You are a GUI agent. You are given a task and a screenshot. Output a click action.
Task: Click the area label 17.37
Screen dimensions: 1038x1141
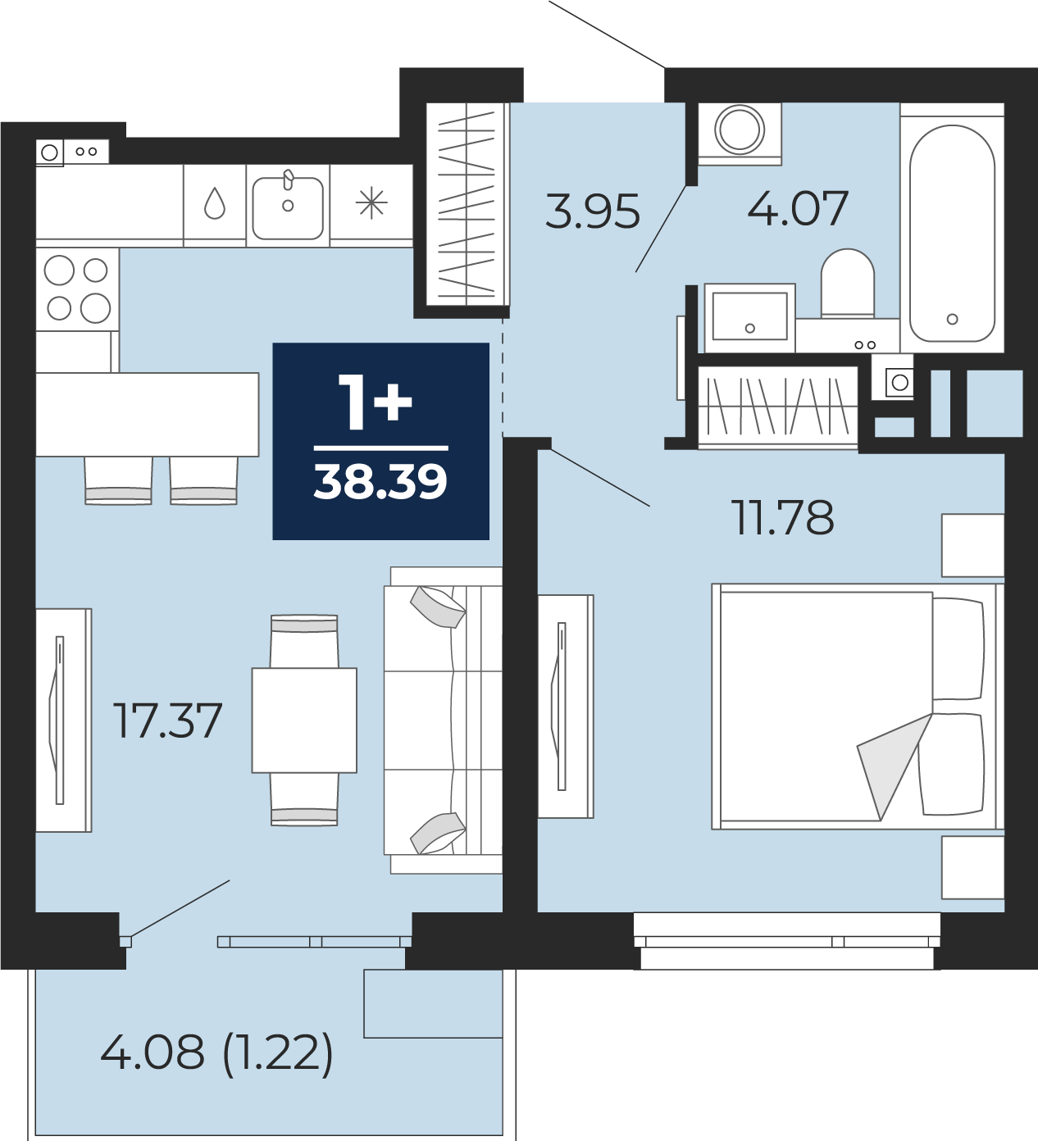coord(167,721)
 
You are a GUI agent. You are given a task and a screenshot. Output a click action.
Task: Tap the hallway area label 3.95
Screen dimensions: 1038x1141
coord(593,211)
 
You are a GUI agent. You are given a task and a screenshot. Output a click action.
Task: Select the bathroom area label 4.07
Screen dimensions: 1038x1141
coord(797,208)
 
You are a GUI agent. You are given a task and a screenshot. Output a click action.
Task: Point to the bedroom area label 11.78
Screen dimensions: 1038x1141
coord(785,517)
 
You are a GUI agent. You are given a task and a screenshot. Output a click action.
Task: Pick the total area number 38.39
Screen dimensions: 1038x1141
coord(380,482)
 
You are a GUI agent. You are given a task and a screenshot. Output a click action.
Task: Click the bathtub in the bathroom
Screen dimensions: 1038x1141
coord(952,234)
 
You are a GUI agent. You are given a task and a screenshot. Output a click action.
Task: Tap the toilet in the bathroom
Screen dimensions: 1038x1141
coord(847,283)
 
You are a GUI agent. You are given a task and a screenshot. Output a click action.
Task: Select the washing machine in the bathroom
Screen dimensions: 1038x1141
coord(740,134)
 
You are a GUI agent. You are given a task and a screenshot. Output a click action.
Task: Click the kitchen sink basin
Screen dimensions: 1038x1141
coord(288,208)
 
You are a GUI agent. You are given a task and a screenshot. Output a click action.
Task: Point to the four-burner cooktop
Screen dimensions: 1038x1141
coord(77,289)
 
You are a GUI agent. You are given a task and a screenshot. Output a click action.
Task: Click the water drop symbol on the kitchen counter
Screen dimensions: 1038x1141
coord(215,203)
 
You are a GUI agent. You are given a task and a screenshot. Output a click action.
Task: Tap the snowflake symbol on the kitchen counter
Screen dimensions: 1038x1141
coord(371,203)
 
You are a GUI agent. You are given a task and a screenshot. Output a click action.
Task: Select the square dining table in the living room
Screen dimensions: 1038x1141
coord(304,721)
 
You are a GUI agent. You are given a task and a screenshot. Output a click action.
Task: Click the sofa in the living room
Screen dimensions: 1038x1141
coord(444,720)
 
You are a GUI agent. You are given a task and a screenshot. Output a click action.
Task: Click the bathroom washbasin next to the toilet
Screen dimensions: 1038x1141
coord(749,317)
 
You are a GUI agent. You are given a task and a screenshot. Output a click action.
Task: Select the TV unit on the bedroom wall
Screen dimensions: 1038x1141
coord(566,706)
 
